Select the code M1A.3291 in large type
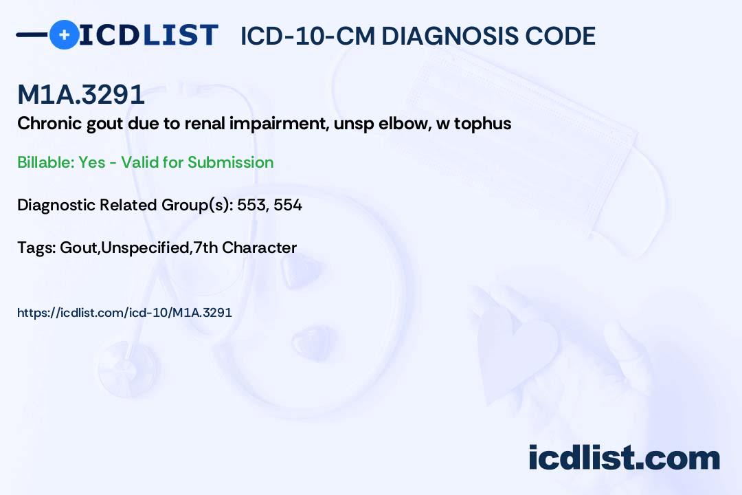click(x=81, y=96)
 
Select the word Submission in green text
click(x=231, y=162)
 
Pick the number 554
click(x=288, y=205)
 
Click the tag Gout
click(x=78, y=247)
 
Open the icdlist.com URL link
click(x=124, y=312)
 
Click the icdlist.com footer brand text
click(x=624, y=458)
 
